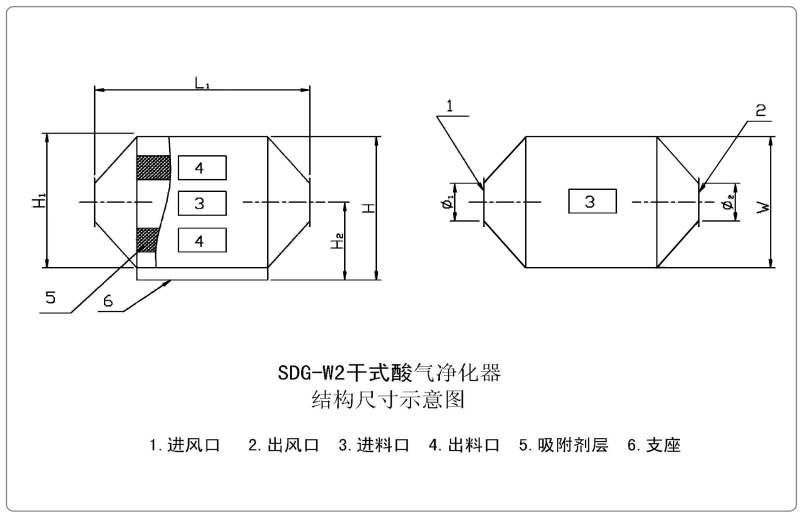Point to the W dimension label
(762, 206)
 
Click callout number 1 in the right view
(451, 105)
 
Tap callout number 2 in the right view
(762, 111)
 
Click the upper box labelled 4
(200, 167)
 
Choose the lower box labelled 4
(200, 241)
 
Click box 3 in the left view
(200, 204)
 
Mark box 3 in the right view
(590, 202)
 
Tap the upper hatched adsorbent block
(153, 167)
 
